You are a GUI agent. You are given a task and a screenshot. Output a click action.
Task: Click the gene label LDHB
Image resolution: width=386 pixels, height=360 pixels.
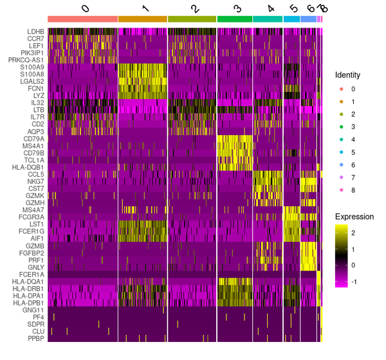click(35, 31)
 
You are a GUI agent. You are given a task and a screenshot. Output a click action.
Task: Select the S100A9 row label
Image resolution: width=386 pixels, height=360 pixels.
click(32, 67)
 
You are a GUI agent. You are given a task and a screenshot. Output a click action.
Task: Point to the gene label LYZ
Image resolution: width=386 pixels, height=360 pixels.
click(38, 95)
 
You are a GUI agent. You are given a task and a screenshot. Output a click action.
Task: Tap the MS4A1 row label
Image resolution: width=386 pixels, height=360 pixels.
click(33, 146)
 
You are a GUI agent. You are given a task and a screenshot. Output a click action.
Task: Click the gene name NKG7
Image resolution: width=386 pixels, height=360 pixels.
click(35, 181)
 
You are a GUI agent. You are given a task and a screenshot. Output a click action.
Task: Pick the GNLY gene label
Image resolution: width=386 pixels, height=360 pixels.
click(35, 267)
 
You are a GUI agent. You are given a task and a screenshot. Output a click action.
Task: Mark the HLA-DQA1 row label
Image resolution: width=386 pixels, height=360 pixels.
click(29, 281)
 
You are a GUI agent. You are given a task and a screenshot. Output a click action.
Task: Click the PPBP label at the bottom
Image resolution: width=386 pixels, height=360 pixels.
click(35, 338)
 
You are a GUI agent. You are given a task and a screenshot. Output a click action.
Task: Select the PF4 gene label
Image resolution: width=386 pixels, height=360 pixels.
click(38, 316)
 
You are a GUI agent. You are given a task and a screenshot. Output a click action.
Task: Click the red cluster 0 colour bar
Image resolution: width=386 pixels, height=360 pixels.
click(82, 19)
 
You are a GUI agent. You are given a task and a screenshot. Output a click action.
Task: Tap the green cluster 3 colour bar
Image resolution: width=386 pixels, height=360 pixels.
click(235, 19)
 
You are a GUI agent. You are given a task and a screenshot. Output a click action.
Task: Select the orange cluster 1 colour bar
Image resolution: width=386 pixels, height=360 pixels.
click(142, 19)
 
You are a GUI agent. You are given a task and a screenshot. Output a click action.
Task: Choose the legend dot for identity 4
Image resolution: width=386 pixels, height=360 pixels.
click(342, 138)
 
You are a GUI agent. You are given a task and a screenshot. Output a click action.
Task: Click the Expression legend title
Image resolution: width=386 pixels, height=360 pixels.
click(353, 217)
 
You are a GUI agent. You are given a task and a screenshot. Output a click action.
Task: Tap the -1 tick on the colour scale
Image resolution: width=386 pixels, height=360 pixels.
click(362, 281)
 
